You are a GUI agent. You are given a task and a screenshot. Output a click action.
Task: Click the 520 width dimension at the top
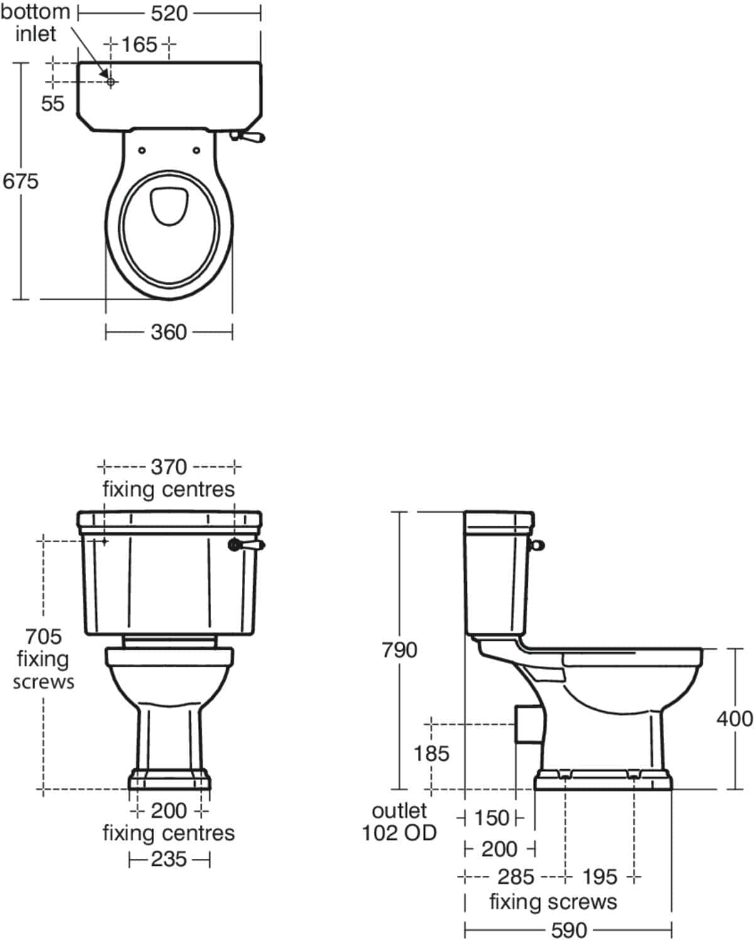(169, 13)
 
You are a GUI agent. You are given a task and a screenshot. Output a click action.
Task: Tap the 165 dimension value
(139, 45)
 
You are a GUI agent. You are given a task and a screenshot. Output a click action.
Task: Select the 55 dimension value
(53, 104)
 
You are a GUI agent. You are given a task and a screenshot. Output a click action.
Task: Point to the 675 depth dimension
(20, 181)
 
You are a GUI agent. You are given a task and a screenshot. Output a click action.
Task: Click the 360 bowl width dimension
(168, 332)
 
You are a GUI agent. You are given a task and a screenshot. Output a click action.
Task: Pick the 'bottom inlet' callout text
(35, 22)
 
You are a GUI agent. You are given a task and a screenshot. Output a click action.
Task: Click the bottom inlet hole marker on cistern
(111, 82)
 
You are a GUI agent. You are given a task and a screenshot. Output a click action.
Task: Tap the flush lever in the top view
(251, 136)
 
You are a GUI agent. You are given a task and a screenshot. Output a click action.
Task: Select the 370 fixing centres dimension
(168, 467)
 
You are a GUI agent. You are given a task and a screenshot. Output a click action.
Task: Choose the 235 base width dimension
(168, 859)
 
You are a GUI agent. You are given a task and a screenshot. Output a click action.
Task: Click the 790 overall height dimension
(400, 650)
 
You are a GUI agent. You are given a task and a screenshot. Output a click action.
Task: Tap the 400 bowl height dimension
(734, 718)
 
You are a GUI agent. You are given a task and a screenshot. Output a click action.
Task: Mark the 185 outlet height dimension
(431, 753)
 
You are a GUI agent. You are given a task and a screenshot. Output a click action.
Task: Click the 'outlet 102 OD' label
(399, 822)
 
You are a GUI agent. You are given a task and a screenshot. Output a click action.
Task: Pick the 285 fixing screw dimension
(515, 876)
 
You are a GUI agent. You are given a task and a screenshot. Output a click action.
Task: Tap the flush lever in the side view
(538, 545)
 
